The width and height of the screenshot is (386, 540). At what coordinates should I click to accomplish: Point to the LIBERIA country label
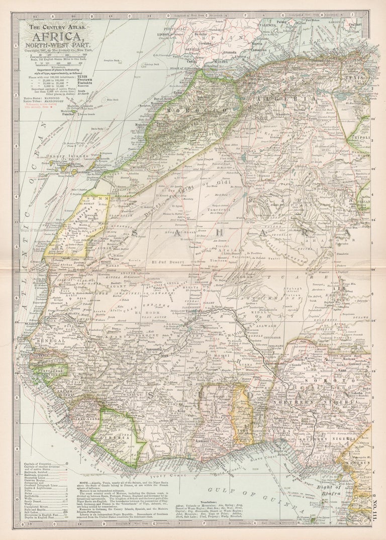click(x=121, y=437)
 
